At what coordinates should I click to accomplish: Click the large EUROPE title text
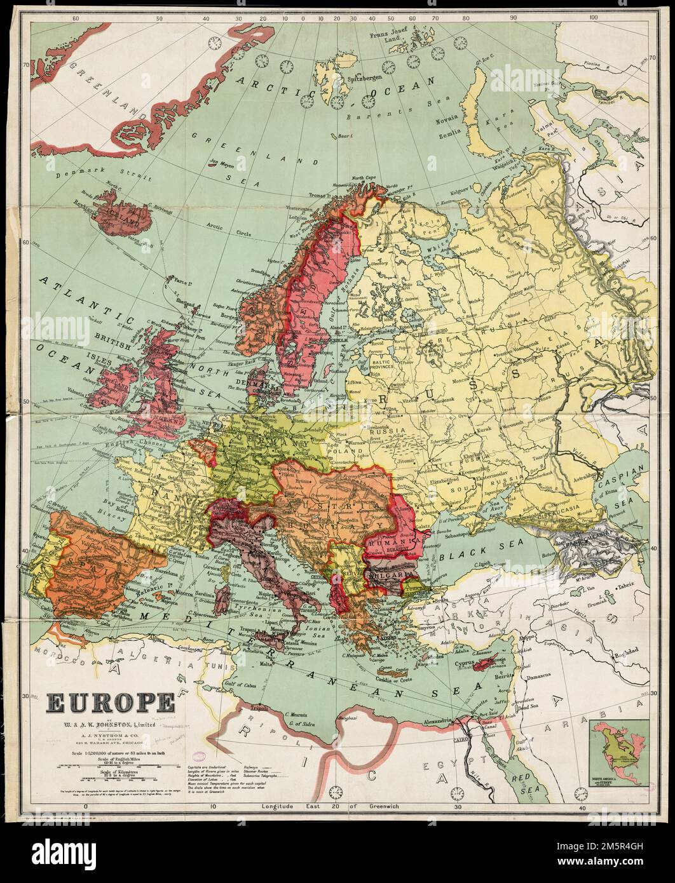tap(109, 703)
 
